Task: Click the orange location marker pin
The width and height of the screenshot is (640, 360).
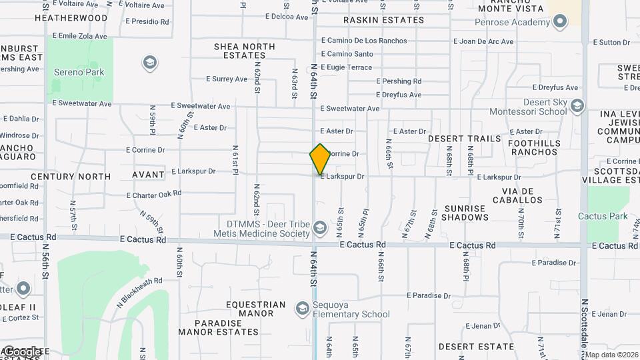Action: point(321,159)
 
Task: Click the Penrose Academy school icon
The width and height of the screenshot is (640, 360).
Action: point(560,22)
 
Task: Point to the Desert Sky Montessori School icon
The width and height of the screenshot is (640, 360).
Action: point(577,105)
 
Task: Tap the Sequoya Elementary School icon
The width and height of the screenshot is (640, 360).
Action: point(301,308)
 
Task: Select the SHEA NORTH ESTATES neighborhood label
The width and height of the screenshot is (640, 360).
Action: point(245,51)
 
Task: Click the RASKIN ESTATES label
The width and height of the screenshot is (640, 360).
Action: point(383,20)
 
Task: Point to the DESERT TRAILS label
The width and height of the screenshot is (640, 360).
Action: point(464,139)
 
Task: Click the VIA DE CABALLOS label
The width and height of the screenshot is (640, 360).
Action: point(517,195)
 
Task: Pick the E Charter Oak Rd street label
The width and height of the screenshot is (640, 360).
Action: point(154,194)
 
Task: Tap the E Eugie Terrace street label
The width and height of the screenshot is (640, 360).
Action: point(346,67)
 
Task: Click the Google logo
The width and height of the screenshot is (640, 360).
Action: point(22,351)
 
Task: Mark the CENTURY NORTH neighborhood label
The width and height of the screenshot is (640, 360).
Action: point(71,177)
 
